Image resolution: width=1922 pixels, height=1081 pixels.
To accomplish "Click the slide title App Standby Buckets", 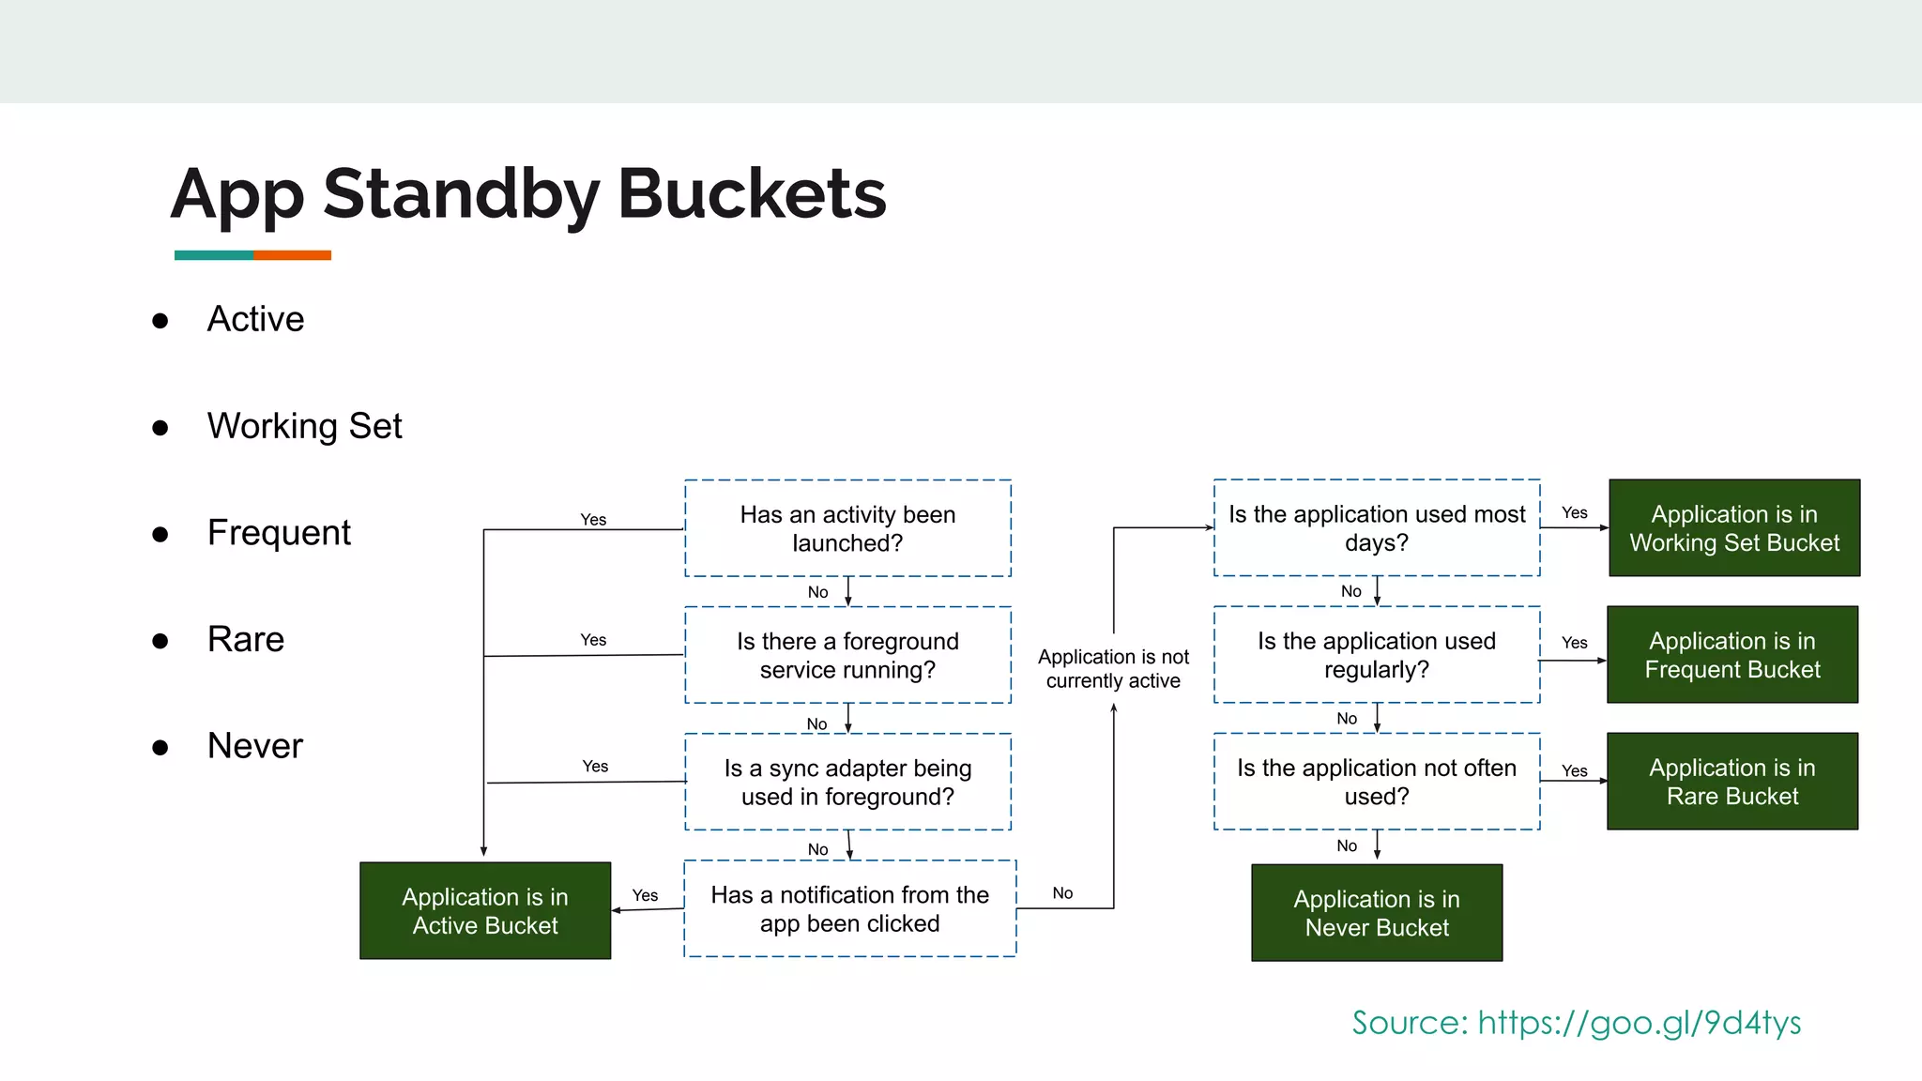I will [x=528, y=194].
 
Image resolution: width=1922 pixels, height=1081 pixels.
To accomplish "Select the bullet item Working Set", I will [x=304, y=426].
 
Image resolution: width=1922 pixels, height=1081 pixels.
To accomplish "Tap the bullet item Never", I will [x=254, y=746].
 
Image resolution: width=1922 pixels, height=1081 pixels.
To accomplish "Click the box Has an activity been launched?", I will [x=847, y=528].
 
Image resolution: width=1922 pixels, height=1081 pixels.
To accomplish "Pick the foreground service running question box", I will [x=847, y=655].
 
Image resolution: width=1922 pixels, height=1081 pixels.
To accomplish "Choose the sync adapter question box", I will [x=847, y=782].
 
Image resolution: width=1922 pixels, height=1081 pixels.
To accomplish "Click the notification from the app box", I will [x=849, y=908].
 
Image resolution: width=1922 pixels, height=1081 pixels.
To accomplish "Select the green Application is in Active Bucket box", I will [x=485, y=910].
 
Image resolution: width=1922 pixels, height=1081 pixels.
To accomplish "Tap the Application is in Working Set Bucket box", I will [x=1733, y=528].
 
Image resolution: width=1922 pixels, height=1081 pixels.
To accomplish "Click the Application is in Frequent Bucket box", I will [x=1731, y=655].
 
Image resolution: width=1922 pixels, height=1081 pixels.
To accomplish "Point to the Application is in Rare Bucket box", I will [x=1731, y=782].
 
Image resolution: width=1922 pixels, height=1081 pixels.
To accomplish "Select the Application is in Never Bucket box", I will [x=1377, y=912].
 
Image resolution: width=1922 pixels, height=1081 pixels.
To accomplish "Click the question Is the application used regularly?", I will [x=1376, y=655].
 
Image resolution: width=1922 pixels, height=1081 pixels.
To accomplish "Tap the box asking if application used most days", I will [x=1376, y=528].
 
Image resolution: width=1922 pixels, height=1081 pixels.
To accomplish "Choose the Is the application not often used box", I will [x=1376, y=782].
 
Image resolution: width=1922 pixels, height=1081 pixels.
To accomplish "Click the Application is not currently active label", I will [x=1113, y=668].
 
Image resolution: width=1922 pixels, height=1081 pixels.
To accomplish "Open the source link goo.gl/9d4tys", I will [x=1639, y=1022].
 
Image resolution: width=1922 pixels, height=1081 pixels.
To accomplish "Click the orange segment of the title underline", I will [x=292, y=255].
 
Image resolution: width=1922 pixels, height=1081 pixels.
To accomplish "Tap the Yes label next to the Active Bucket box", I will [x=645, y=895].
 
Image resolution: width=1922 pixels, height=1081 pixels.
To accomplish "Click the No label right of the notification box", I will [x=1062, y=893].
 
